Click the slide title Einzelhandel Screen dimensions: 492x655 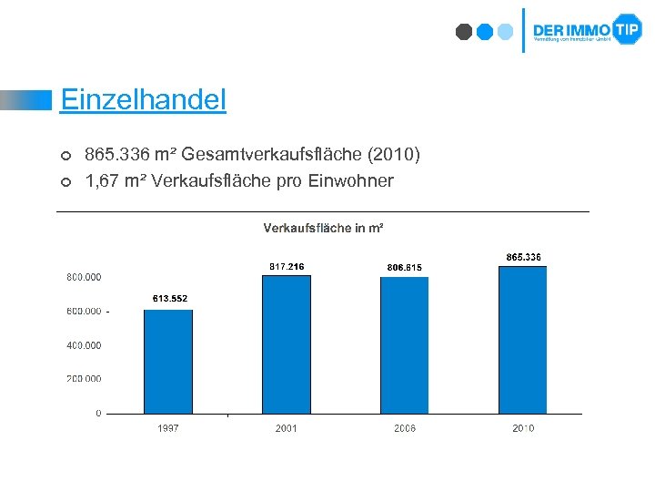click(143, 99)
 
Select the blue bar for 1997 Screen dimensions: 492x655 click(168, 362)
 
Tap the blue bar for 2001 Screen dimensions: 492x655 click(286, 344)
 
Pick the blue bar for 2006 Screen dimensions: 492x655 click(404, 345)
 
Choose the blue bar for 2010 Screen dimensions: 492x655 click(522, 340)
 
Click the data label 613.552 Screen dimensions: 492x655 click(169, 299)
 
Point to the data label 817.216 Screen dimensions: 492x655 click(287, 266)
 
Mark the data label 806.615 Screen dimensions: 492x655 click(404, 267)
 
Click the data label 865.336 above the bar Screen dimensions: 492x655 click(523, 257)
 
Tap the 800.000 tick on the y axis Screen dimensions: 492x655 click(84, 277)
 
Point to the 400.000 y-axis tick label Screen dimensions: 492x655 click(84, 345)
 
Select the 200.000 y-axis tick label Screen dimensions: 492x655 click(84, 379)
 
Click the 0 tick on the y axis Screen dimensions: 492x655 click(98, 414)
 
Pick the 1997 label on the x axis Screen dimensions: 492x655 click(168, 428)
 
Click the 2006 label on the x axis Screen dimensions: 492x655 click(404, 428)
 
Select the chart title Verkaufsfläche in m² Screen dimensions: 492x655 click(323, 228)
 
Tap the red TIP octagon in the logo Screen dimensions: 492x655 click(627, 29)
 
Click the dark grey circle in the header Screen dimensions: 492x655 click(464, 32)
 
